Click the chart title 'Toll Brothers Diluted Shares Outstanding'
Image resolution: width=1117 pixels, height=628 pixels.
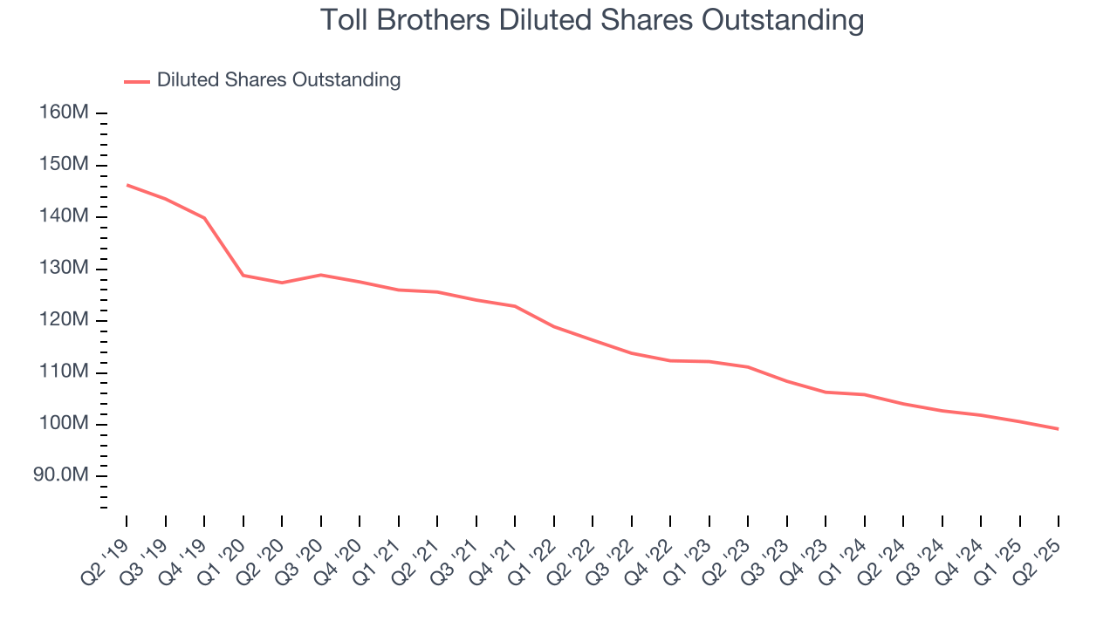coord(592,20)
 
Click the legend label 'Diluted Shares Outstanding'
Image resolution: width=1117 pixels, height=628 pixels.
coord(278,80)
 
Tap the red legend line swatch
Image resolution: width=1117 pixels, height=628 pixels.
coord(137,81)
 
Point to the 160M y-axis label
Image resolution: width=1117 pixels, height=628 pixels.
coord(63,113)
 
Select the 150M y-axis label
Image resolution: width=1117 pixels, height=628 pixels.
coord(63,165)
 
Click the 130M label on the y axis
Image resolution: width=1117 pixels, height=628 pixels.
coord(63,269)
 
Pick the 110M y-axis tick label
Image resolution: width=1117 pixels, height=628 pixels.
coord(63,372)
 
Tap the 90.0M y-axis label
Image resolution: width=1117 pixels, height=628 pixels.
coord(60,476)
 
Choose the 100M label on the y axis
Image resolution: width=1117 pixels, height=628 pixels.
coord(63,424)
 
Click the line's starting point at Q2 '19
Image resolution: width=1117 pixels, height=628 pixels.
coord(127,185)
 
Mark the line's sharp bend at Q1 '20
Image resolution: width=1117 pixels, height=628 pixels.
coord(243,276)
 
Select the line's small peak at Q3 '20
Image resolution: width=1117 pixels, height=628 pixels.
coord(320,275)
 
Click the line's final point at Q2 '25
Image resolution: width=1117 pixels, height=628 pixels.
coord(1058,429)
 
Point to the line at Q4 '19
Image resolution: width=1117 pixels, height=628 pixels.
coord(204,218)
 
